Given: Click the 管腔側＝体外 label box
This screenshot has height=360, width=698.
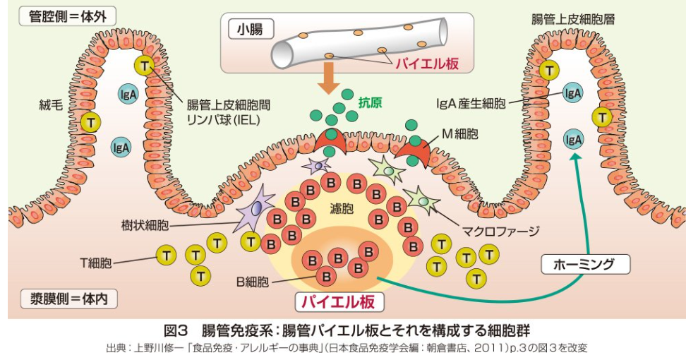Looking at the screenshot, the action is click(x=67, y=17).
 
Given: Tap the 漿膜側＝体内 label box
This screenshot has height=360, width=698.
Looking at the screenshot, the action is click(x=69, y=299).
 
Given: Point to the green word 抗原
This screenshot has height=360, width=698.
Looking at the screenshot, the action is click(x=370, y=103).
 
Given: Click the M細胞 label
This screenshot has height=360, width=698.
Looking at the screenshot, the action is click(x=459, y=133).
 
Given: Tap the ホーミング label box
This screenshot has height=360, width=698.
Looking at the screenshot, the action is click(x=585, y=265).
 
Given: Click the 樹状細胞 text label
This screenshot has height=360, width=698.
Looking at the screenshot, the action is click(x=145, y=225).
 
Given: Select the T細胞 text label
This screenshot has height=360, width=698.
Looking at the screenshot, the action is click(x=96, y=263).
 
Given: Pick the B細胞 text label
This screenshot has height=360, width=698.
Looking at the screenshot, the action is click(x=253, y=282).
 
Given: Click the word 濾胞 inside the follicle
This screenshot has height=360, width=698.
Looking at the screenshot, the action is click(x=342, y=208).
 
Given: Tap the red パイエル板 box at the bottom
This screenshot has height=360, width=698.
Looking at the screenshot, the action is click(x=339, y=302).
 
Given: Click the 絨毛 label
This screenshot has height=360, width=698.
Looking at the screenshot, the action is click(x=51, y=105).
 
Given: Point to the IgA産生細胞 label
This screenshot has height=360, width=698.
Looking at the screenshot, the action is click(x=471, y=104).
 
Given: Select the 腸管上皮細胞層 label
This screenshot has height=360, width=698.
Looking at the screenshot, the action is click(x=573, y=20).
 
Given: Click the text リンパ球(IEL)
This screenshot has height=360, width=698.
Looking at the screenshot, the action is click(x=223, y=120).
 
